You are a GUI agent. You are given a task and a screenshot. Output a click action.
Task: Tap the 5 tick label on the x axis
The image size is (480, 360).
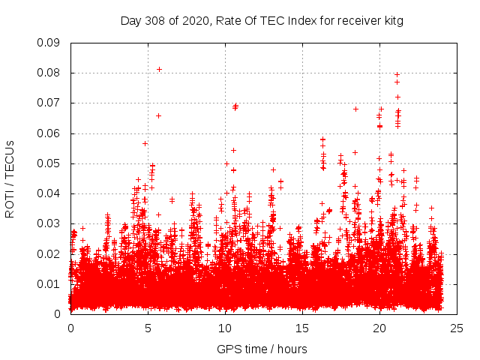tap(148, 328)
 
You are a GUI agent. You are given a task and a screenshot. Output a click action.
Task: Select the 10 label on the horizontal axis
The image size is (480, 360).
tap(225, 328)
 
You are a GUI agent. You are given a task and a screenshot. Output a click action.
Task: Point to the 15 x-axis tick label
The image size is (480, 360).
tap(302, 328)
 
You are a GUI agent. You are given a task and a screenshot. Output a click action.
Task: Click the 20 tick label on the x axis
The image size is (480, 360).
tap(379, 328)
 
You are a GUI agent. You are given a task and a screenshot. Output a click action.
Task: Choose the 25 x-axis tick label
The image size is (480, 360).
tap(457, 328)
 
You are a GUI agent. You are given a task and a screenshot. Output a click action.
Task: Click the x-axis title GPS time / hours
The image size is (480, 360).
tap(262, 349)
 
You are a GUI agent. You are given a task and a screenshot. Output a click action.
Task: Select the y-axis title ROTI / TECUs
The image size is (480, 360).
tap(10, 178)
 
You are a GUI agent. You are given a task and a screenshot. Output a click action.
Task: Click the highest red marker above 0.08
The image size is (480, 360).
tap(159, 69)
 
